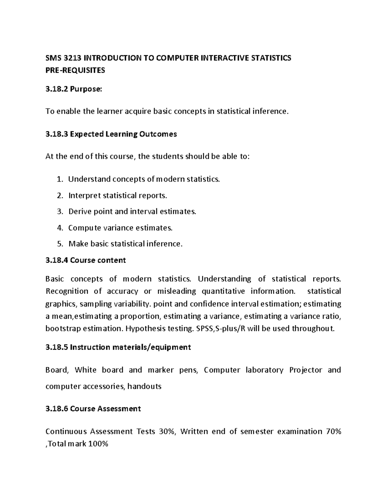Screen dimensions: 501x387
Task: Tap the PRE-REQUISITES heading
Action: [75, 70]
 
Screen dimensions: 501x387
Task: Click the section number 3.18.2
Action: [56, 89]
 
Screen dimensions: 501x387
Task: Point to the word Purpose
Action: [85, 89]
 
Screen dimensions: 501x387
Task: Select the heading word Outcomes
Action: [158, 134]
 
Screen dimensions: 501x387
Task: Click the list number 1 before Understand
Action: [59, 179]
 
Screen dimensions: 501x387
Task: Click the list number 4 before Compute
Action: [59, 228]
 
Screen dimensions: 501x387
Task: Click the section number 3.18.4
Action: [56, 260]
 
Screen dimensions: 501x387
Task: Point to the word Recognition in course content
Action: [67, 291]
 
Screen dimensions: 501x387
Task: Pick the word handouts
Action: [144, 386]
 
